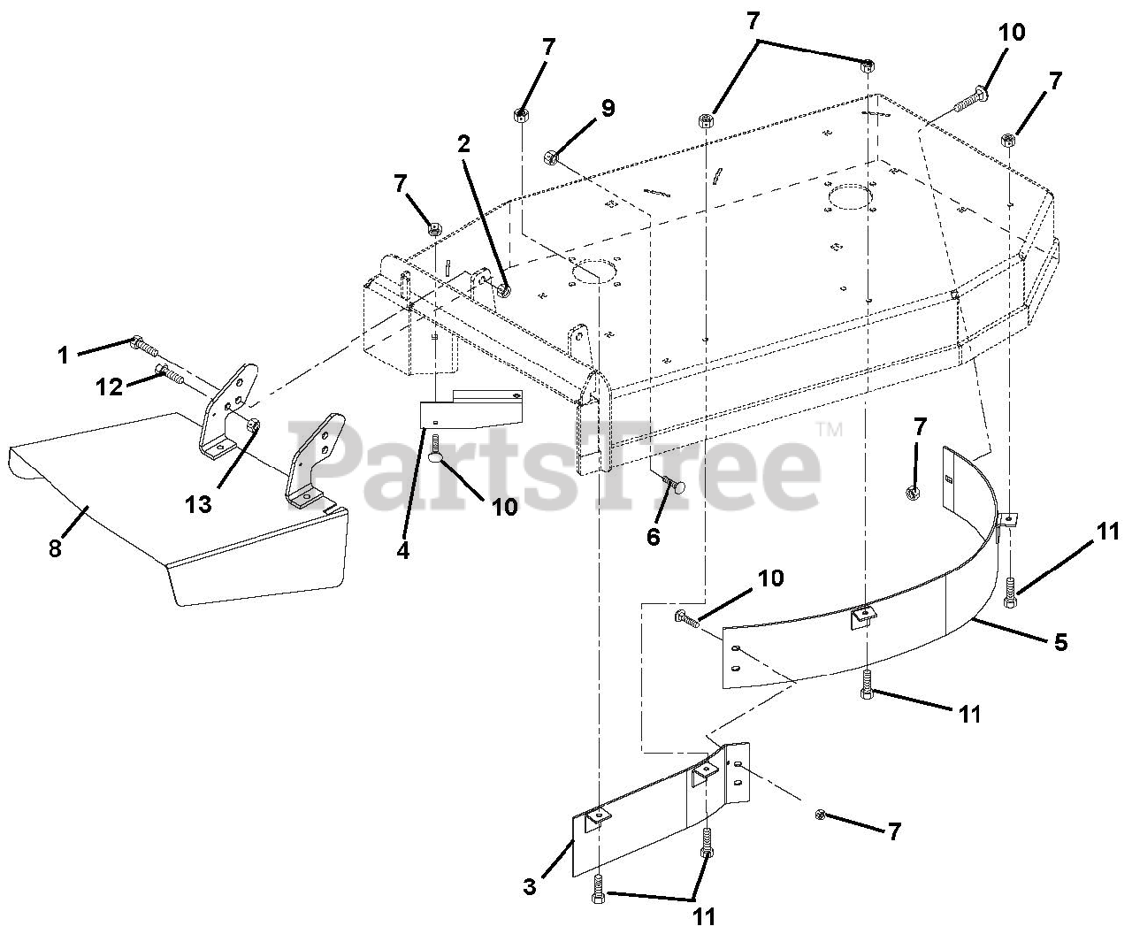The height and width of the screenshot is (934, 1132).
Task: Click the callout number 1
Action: coord(63,356)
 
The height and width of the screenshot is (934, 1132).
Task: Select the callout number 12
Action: coord(110,387)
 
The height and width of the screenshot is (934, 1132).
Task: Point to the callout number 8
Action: coord(55,548)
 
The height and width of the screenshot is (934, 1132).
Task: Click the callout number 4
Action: coord(403,549)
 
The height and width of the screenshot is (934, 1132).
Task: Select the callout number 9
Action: coord(607,108)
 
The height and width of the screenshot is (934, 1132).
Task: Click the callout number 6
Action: coord(654,536)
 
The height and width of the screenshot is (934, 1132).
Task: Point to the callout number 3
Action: coord(529,885)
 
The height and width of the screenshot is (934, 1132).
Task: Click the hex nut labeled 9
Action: coord(549,157)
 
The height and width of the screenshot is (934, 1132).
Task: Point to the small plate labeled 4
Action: coord(469,410)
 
